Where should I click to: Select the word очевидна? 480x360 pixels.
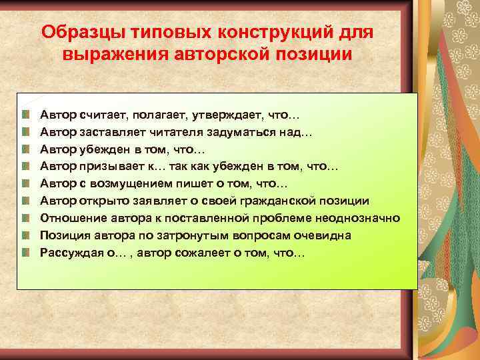(x=323, y=235)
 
